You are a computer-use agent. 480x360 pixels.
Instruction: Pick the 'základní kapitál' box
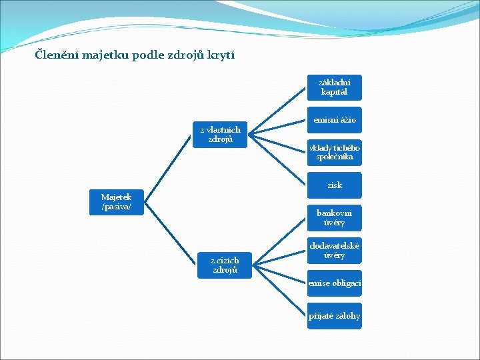coord(334,87)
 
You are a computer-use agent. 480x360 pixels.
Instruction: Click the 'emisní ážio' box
coord(334,120)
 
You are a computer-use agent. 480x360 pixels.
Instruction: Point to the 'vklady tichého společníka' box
coord(334,153)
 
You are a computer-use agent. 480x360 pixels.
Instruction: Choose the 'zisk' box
coord(334,185)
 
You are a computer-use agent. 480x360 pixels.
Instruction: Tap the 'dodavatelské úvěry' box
coord(334,250)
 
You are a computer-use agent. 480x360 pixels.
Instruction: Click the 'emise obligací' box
coord(334,283)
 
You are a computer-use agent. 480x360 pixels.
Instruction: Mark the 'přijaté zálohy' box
coord(334,315)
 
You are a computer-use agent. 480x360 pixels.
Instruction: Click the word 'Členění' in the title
coord(56,55)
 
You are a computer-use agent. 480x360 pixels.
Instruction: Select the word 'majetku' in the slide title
coord(103,55)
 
